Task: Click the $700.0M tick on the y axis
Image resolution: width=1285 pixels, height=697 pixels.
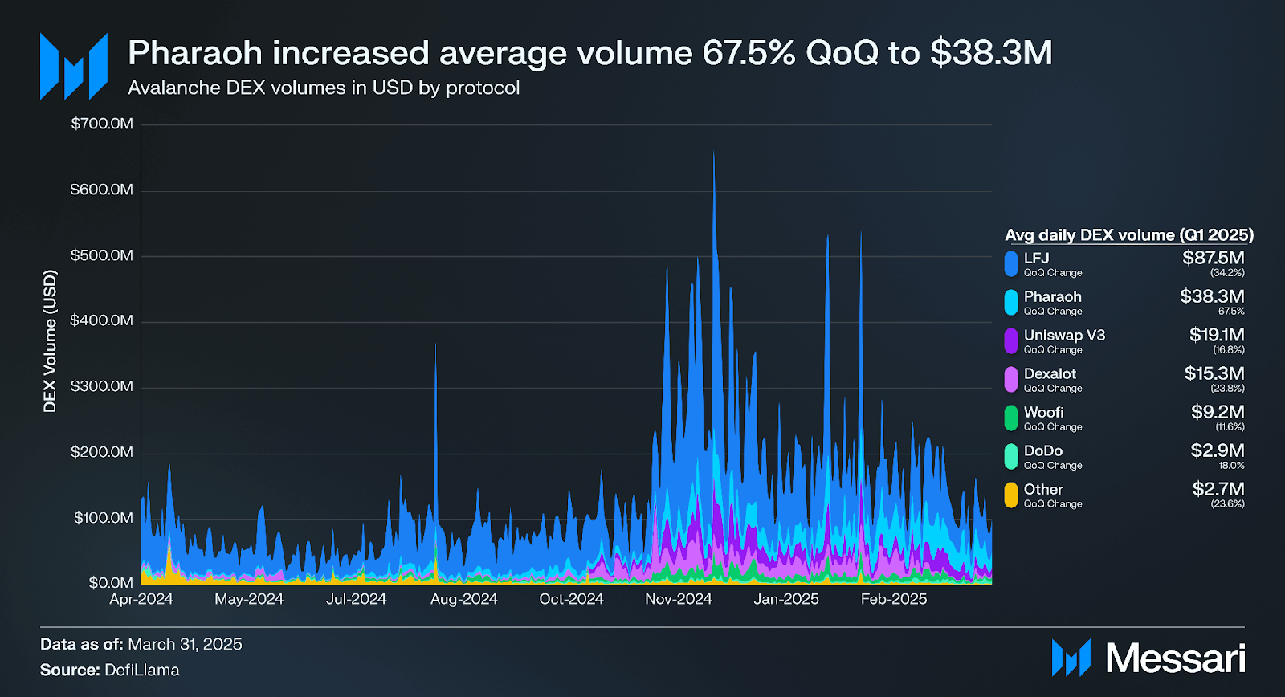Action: [102, 124]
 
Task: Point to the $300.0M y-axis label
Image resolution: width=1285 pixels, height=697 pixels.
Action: [102, 386]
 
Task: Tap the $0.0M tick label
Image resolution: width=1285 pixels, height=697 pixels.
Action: [111, 582]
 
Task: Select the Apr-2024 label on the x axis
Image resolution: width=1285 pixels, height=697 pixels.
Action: [141, 599]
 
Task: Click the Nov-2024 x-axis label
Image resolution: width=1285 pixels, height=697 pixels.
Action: [679, 599]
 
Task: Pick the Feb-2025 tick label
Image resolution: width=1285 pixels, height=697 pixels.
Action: [894, 599]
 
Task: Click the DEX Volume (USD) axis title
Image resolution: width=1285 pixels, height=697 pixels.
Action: [50, 341]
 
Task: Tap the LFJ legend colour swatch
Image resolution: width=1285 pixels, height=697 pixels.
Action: [1011, 263]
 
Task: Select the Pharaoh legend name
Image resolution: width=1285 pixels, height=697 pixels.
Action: [1052, 296]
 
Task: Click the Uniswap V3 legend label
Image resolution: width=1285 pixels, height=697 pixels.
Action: [1064, 335]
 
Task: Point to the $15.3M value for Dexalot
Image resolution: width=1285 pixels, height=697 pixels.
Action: [1214, 373]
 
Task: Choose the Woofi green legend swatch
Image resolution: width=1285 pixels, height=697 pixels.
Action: [1011, 418]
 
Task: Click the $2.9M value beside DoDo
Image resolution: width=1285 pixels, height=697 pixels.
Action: [1218, 450]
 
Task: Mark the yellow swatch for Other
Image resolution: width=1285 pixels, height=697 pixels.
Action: [1011, 495]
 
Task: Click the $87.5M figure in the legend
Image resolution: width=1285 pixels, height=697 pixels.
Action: [1214, 258]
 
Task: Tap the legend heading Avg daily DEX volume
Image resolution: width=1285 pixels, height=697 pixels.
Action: [1128, 235]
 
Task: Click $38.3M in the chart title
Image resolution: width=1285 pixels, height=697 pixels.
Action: [991, 53]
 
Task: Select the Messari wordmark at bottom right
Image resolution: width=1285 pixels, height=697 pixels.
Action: [1175, 658]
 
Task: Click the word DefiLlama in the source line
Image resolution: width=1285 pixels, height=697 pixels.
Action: [142, 670]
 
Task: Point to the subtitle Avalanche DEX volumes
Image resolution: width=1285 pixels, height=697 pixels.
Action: [324, 88]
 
